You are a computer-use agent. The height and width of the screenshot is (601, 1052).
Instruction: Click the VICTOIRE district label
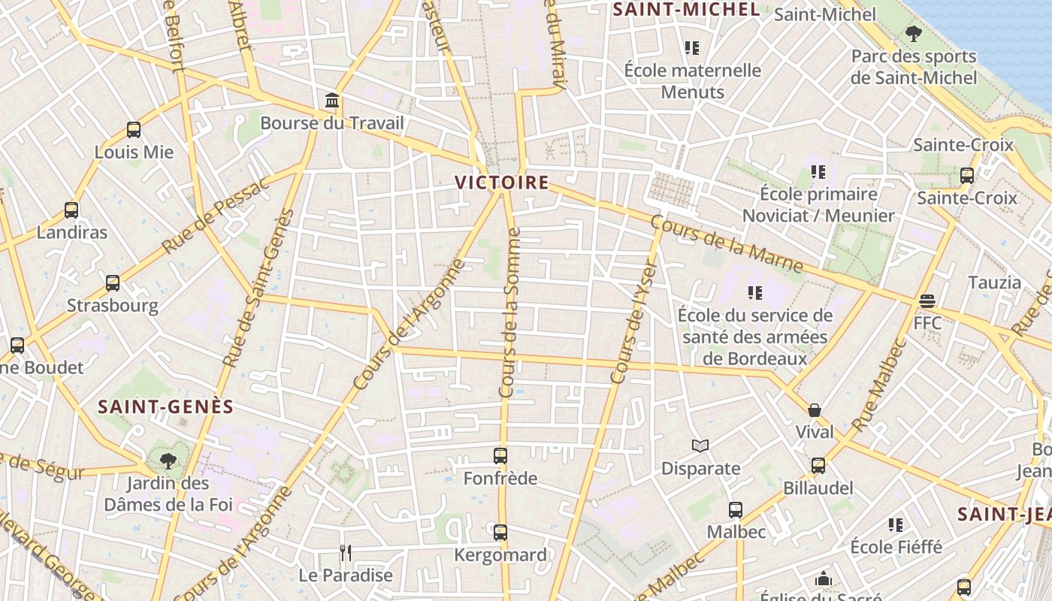pyautogui.click(x=501, y=183)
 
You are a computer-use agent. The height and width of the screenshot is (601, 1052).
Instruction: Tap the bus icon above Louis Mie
pyautogui.click(x=134, y=130)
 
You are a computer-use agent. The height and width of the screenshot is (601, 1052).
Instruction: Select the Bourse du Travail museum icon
pyautogui.click(x=331, y=101)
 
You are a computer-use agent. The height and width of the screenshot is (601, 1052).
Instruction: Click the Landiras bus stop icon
pyautogui.click(x=71, y=210)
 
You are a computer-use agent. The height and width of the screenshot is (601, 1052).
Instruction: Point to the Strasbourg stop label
pyautogui.click(x=113, y=306)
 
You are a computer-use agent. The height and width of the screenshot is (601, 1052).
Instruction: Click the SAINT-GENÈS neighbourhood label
pyautogui.click(x=166, y=407)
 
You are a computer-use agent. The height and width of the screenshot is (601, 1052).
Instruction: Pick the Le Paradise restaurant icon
pyautogui.click(x=346, y=553)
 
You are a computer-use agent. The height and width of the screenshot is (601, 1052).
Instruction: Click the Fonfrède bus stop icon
pyautogui.click(x=500, y=455)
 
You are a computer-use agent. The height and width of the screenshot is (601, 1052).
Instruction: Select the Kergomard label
pyautogui.click(x=500, y=555)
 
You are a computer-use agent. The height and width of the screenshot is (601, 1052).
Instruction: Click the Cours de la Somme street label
pyautogui.click(x=509, y=313)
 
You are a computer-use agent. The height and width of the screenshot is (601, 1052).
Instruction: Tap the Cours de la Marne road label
pyautogui.click(x=726, y=244)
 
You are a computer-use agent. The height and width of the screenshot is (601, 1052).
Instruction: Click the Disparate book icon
pyautogui.click(x=700, y=446)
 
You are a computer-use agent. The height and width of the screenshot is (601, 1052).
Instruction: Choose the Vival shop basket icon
pyautogui.click(x=815, y=410)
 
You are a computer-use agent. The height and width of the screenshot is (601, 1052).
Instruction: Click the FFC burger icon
pyautogui.click(x=927, y=301)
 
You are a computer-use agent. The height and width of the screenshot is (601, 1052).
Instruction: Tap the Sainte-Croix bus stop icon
pyautogui.click(x=967, y=176)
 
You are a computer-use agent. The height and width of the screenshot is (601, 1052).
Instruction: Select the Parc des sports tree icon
pyautogui.click(x=914, y=33)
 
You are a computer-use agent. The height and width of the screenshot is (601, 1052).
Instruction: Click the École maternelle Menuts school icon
pyautogui.click(x=692, y=48)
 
